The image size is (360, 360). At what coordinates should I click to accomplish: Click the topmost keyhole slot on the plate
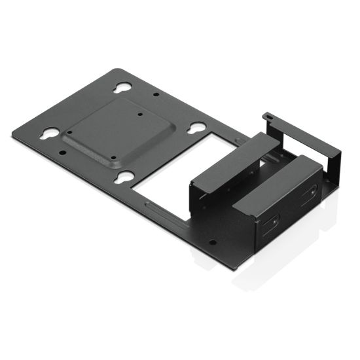coord(122,88)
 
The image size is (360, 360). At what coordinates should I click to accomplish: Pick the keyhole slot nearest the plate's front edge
coord(124,175)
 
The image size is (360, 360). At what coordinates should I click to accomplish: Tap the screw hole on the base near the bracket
coord(211,241)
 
